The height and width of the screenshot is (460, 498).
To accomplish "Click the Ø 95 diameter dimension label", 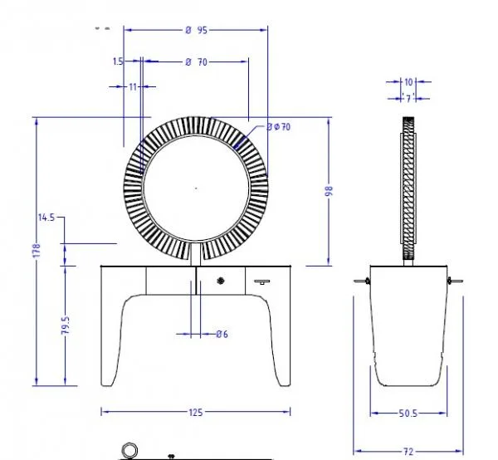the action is click(x=196, y=30).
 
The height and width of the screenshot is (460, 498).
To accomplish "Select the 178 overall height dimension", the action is click(x=37, y=251).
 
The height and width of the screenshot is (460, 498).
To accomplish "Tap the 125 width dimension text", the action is click(x=196, y=413).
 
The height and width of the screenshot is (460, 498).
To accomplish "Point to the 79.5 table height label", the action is click(x=66, y=325).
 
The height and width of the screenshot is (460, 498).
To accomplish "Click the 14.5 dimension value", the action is click(x=46, y=218).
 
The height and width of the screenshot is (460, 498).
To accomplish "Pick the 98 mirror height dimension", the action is click(x=329, y=191).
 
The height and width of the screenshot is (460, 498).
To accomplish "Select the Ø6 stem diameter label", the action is click(x=222, y=334).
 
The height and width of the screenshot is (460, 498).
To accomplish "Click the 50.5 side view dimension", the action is click(x=408, y=414).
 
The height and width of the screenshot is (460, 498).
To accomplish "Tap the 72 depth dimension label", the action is click(x=408, y=451).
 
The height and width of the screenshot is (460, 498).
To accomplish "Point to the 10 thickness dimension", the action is click(x=408, y=82).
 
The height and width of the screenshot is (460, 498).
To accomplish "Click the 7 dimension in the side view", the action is click(x=408, y=99).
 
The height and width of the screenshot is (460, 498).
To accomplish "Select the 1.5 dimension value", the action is click(x=118, y=61).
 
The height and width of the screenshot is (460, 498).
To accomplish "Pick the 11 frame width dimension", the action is click(x=133, y=86).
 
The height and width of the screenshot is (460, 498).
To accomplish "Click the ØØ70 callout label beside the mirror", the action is click(x=279, y=127).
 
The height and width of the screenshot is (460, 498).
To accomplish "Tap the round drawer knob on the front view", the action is click(x=221, y=281).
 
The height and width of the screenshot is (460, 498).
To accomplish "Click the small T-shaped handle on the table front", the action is click(x=262, y=281).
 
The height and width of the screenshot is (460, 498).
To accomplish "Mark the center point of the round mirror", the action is click(x=196, y=188).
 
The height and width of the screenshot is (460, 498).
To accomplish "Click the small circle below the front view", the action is click(x=129, y=451).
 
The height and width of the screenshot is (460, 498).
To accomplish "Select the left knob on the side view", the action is click(x=368, y=281).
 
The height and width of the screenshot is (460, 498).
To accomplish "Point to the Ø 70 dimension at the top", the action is click(x=196, y=62).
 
